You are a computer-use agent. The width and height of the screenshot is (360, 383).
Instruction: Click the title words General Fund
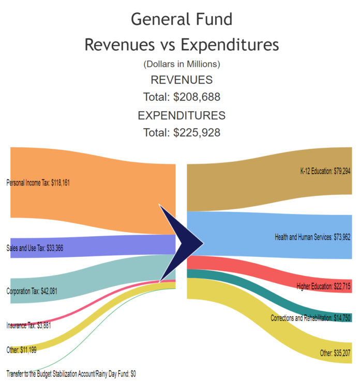[x=181, y=19]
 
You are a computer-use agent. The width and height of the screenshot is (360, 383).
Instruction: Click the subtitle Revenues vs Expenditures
[x=181, y=44]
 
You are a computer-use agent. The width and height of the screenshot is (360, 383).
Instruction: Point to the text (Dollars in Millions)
[x=182, y=65]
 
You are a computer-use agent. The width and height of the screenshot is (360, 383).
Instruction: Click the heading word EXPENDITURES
[x=182, y=115]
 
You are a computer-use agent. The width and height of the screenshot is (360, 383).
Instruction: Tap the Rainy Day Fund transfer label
[x=71, y=373]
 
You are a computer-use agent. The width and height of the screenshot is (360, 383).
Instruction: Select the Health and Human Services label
[x=313, y=237]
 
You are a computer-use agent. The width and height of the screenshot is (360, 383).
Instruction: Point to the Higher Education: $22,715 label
[x=324, y=286]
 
